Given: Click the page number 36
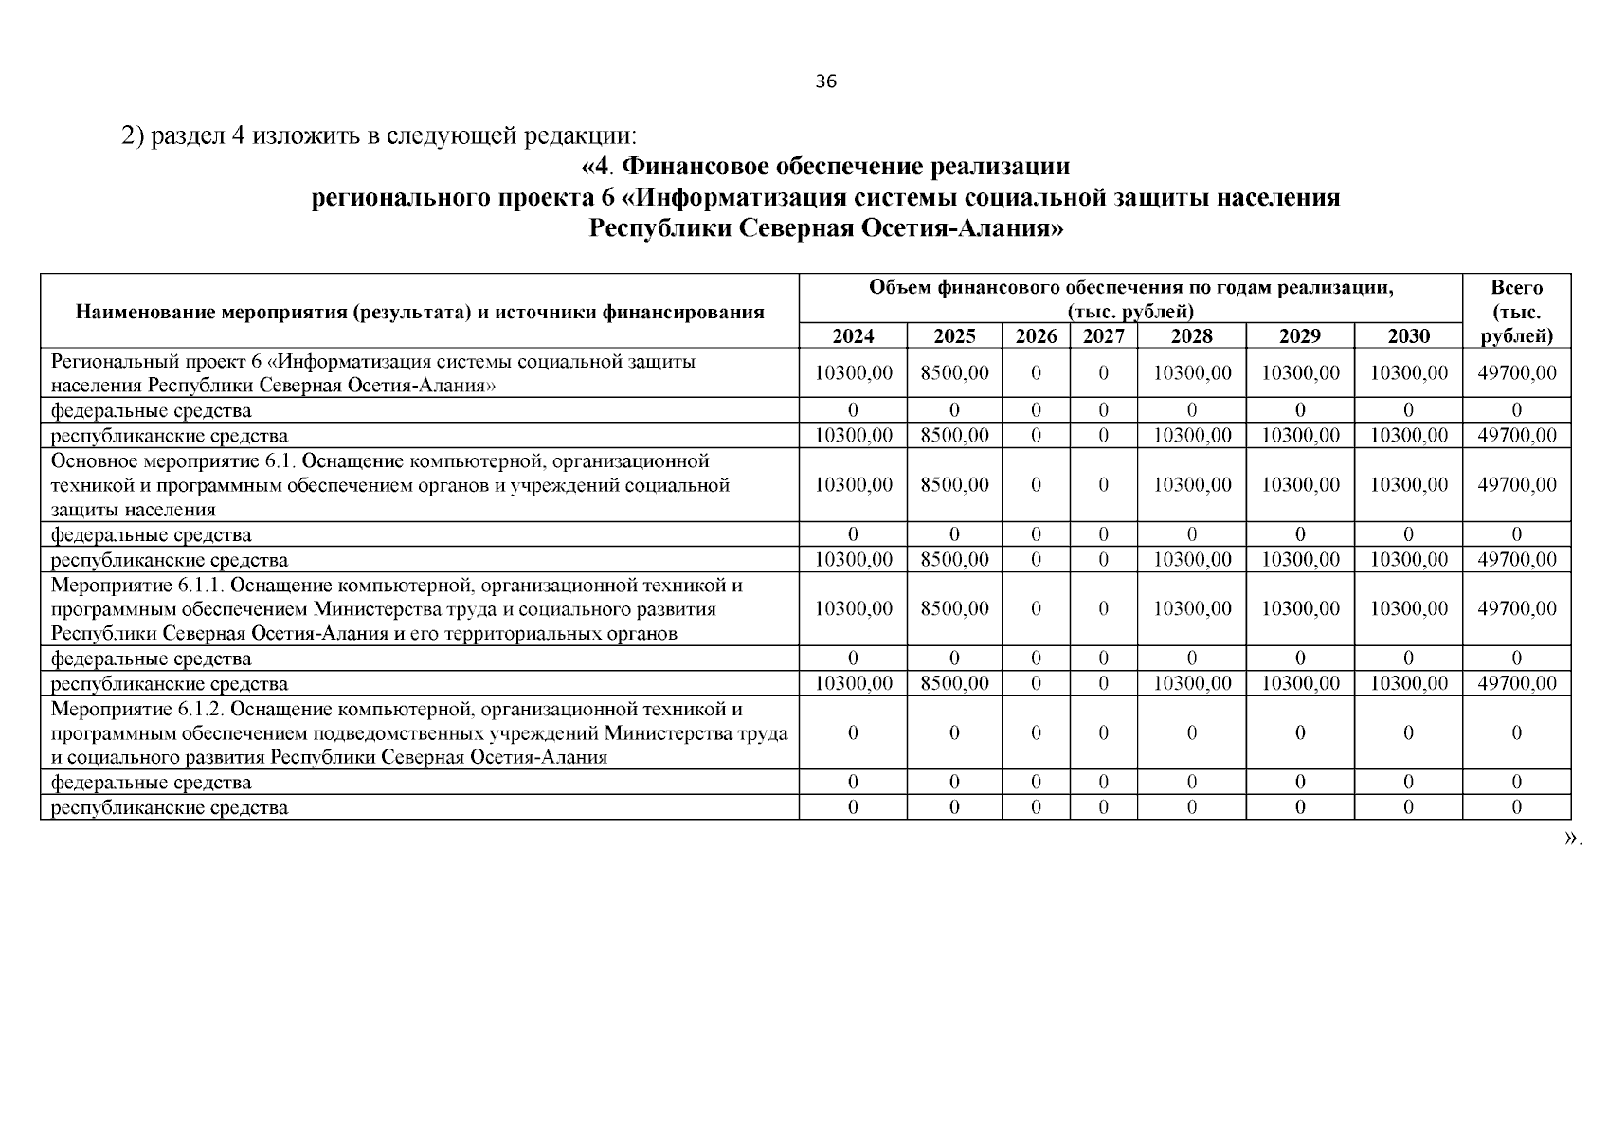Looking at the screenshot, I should coord(825,81).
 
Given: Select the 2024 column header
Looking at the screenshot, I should coord(853,336).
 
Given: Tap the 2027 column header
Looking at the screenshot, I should coord(1103,336).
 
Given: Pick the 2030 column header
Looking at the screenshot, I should coord(1408,336).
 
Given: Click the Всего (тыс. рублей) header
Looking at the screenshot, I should coord(1516,312).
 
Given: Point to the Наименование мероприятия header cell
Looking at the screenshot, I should coord(420,312).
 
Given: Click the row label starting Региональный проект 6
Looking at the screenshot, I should coord(373,373).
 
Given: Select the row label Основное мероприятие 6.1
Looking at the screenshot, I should coord(389,485).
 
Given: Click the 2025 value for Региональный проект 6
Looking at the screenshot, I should coord(954,373).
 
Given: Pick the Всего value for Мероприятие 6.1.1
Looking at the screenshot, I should coord(1516,609).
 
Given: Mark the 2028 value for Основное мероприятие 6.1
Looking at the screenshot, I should coord(1192,485).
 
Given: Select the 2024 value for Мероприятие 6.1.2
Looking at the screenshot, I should coord(853,733).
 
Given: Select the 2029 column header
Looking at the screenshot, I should coord(1299,336).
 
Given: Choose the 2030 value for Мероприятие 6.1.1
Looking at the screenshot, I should coord(1408,609).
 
